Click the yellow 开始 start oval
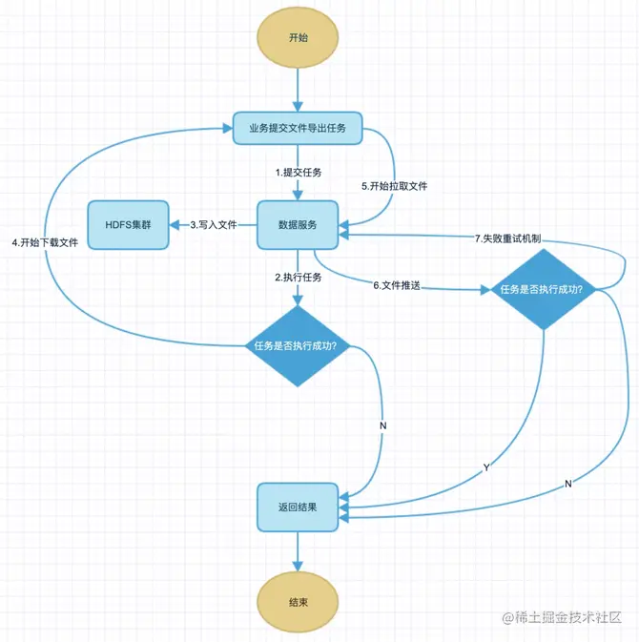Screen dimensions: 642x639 click(x=299, y=39)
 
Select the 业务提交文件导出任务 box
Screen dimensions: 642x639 click(x=298, y=128)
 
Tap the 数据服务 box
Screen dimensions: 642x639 click(x=298, y=225)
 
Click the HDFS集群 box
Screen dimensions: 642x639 click(x=129, y=225)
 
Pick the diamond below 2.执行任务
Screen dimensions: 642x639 click(x=298, y=345)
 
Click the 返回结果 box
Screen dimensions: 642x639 click(x=298, y=507)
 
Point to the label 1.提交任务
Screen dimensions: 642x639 click(x=299, y=173)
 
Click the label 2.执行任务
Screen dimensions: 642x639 click(x=299, y=278)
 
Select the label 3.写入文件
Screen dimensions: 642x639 click(x=214, y=226)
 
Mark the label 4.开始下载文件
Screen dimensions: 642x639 click(x=46, y=242)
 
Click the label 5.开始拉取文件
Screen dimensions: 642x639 click(x=394, y=186)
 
